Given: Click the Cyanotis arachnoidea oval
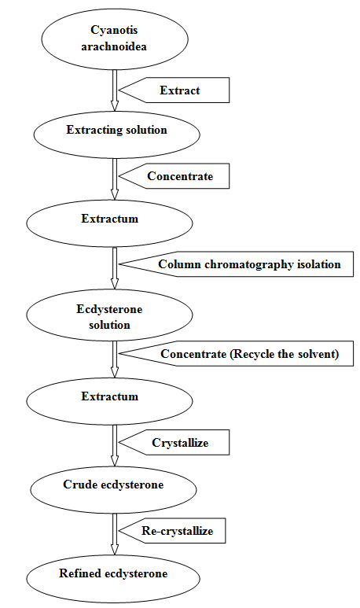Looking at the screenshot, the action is (x=115, y=39).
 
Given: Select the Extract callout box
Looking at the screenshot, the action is (x=174, y=90).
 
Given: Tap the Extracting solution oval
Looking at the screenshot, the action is (x=116, y=134).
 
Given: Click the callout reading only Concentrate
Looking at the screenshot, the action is (x=174, y=176).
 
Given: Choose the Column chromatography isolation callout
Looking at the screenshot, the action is (x=237, y=264).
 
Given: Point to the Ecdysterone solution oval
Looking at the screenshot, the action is (x=109, y=315).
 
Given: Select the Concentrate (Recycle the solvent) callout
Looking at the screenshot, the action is (x=237, y=354).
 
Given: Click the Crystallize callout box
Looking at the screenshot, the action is (x=174, y=442).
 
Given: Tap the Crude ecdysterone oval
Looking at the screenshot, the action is (x=113, y=490).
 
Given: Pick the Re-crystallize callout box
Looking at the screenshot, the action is (x=172, y=531).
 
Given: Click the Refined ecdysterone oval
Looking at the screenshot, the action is (x=113, y=579).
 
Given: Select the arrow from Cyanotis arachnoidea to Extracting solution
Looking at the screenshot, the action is (x=114, y=90).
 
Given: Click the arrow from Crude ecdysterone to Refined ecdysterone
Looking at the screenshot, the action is (x=114, y=534).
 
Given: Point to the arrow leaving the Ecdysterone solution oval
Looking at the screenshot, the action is (x=114, y=359).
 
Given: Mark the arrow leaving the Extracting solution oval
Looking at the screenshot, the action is (x=114, y=179).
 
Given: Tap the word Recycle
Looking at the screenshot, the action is (x=253, y=354).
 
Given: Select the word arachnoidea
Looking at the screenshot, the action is (x=114, y=47).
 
